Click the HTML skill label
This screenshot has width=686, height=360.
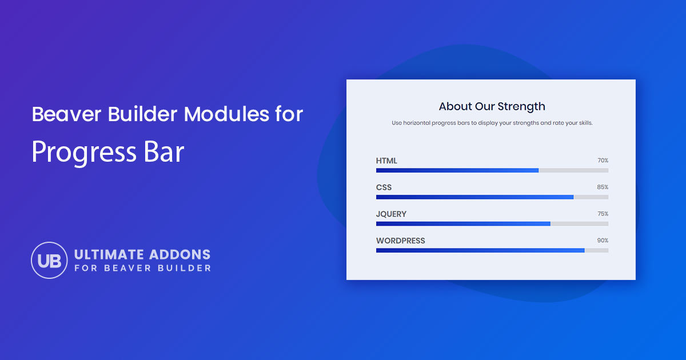[386, 161]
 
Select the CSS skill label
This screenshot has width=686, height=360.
[384, 187]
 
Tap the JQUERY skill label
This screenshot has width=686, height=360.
[391, 214]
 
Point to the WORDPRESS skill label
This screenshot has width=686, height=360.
[400, 241]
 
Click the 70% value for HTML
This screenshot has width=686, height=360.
[603, 161]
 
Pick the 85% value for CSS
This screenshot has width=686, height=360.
[603, 187]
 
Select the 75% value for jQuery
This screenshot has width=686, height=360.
[603, 214]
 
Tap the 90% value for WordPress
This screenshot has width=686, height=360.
[603, 241]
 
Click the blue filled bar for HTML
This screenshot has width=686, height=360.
[457, 170]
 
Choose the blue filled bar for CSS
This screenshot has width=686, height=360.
[474, 197]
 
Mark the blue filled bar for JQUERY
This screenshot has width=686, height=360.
[463, 223]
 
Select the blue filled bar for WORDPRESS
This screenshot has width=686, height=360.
[480, 250]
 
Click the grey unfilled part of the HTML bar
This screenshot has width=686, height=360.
[573, 170]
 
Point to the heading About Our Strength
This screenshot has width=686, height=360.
[492, 106]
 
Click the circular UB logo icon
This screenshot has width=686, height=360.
[49, 260]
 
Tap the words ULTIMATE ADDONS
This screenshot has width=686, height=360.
[142, 254]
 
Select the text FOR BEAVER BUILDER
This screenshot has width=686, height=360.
[142, 268]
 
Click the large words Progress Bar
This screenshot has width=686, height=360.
[107, 151]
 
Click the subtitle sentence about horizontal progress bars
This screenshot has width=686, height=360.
[492, 123]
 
